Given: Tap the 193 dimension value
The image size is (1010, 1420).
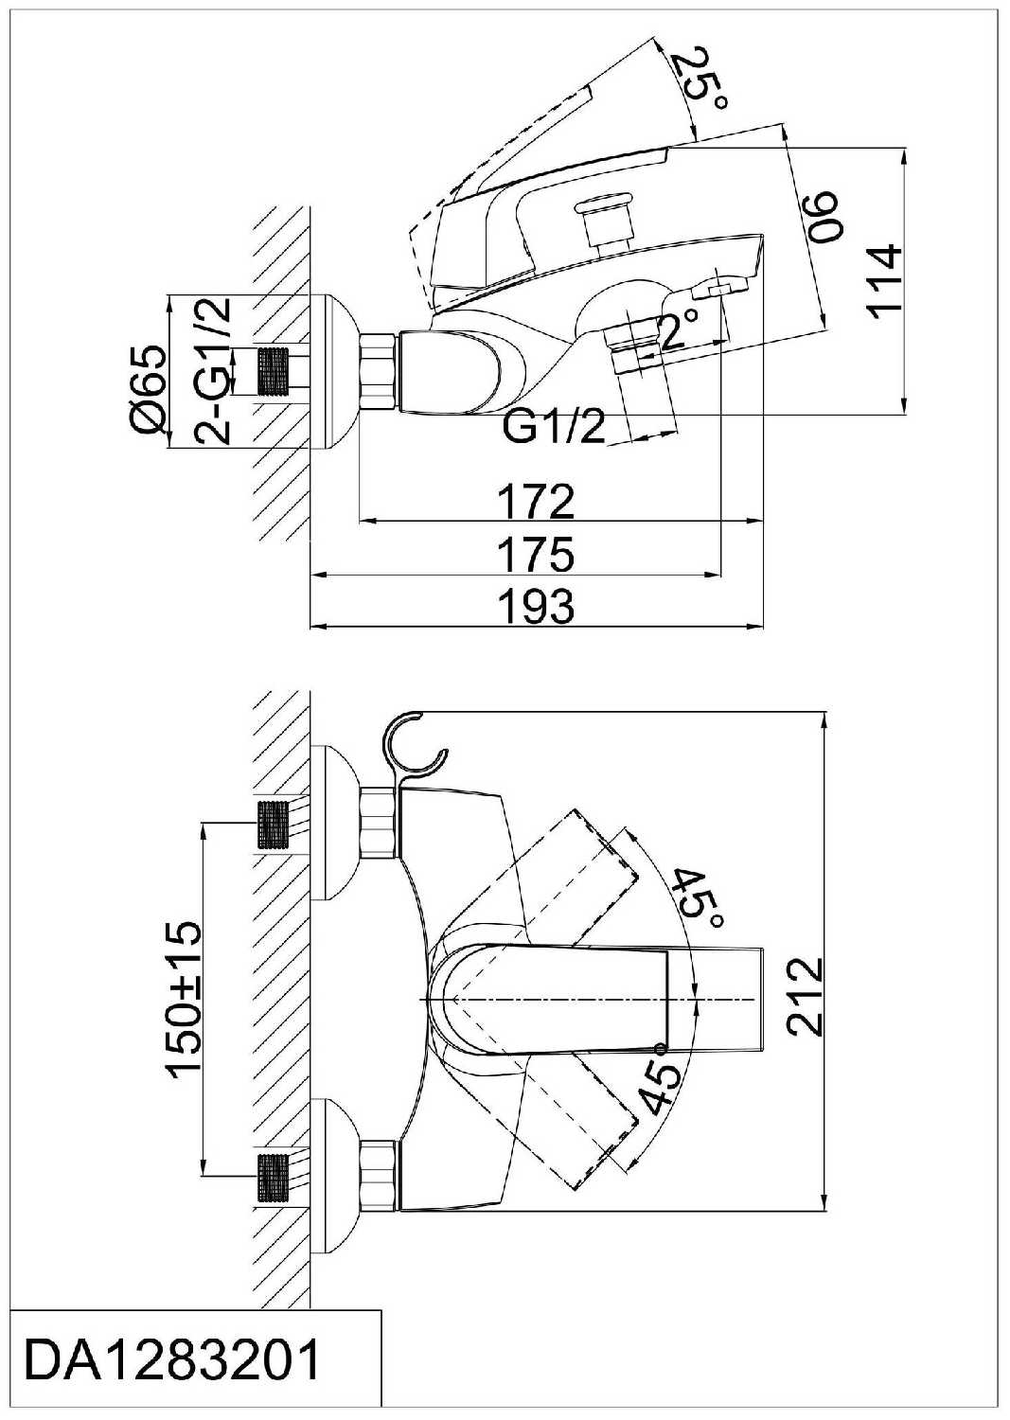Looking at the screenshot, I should click(537, 606).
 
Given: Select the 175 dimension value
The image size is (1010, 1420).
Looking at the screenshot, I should click(537, 554).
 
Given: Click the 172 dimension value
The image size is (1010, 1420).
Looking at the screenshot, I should click(537, 501).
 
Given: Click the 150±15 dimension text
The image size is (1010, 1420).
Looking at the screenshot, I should click(185, 999).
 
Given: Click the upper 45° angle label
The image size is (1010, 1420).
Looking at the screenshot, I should click(700, 897).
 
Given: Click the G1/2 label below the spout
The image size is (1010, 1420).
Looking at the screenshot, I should click(554, 428).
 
